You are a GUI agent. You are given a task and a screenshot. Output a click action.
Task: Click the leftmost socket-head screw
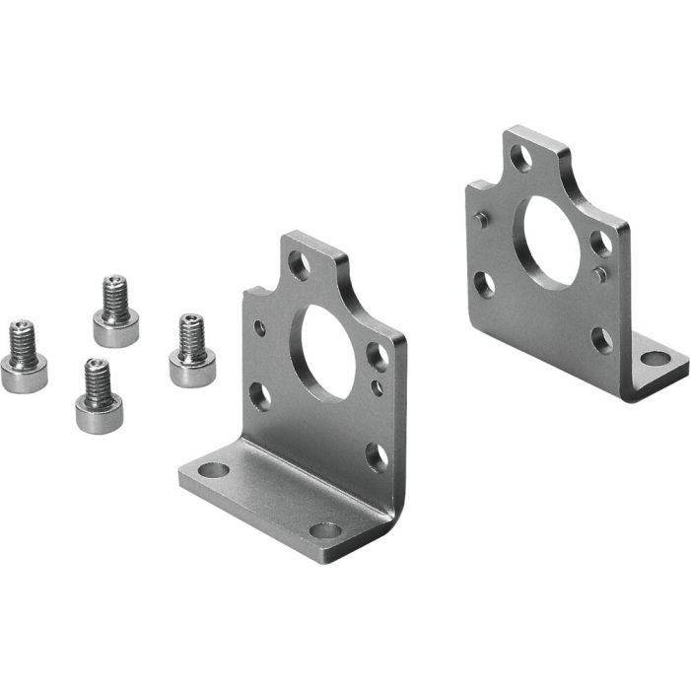click(x=25, y=360)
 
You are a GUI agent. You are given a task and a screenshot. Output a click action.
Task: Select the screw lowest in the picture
click(x=95, y=399)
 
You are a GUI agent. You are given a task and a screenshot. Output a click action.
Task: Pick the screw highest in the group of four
click(x=115, y=311)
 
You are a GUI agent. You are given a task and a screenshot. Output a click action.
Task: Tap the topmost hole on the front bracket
click(x=299, y=264)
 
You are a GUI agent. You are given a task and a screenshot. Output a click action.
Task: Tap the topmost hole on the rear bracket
click(x=522, y=157)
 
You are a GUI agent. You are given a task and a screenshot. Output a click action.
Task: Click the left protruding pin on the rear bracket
click(x=480, y=220)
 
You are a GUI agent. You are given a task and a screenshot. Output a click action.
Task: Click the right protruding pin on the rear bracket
click(x=600, y=275)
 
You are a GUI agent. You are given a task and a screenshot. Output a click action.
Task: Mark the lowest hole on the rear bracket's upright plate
click(x=600, y=339)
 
